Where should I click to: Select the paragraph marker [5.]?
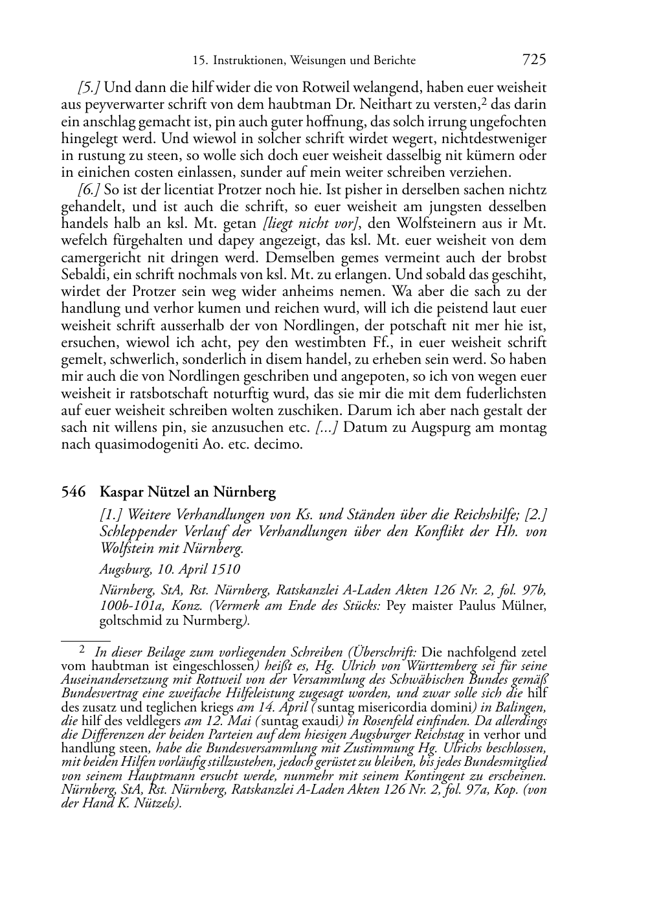[x=89, y=87]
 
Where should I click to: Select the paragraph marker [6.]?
[x=89, y=190]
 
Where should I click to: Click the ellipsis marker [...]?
[x=327, y=427]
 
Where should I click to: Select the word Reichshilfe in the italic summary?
[x=485, y=515]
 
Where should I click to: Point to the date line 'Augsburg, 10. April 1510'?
[x=170, y=569]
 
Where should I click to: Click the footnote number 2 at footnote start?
[x=82, y=649]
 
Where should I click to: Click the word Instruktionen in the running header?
[x=246, y=61]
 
